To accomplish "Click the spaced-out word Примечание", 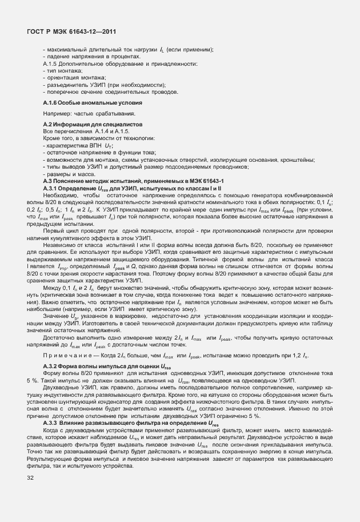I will (65, 355).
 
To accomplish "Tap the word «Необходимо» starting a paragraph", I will (58, 195).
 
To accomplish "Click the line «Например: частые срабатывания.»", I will (81, 114).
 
